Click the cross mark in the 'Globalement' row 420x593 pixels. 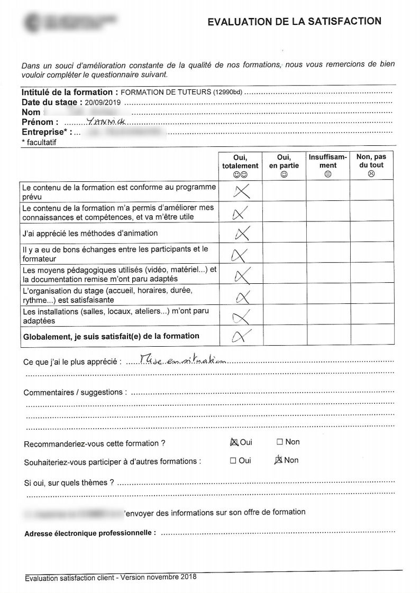[240, 336]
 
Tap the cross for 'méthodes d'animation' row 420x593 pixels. [241, 233]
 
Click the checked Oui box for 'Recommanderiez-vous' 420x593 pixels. [234, 442]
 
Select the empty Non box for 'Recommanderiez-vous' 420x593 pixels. [280, 442]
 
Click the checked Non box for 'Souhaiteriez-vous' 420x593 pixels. [279, 460]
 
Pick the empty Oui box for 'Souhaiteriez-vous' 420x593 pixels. [233, 460]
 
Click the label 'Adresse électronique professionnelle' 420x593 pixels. [90, 533]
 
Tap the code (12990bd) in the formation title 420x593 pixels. [227, 92]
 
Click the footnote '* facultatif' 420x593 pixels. [39, 142]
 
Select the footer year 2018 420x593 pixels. [188, 577]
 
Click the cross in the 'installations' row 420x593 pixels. [241, 317]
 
